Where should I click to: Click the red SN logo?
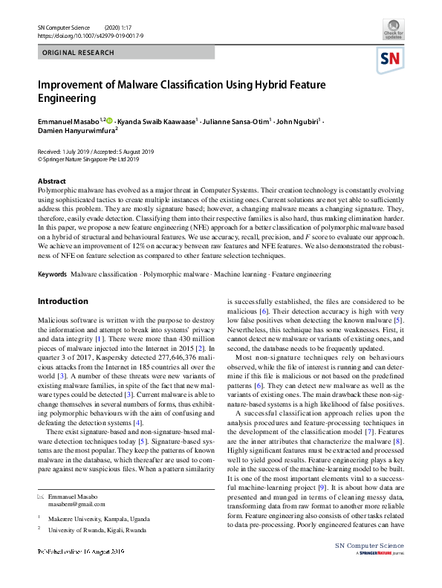tap(391, 59)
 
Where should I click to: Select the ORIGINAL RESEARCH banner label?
tap(79, 53)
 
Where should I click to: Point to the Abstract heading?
tap(51, 181)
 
